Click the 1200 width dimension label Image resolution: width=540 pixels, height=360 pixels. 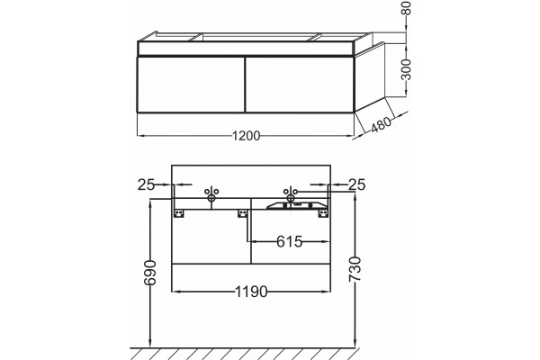click(246, 136)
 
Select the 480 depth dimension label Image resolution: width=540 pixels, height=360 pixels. click(382, 124)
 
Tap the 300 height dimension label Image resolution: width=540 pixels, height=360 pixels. click(407, 69)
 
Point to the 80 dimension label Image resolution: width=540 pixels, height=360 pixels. click(407, 7)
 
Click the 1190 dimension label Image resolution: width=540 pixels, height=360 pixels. click(251, 292)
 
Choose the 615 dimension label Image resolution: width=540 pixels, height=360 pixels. click(289, 241)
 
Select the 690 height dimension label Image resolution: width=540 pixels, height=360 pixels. click(149, 273)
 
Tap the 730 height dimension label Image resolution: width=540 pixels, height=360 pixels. click(355, 269)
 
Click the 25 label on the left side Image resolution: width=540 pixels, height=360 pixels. click(146, 185)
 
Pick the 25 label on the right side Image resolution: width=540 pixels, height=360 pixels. click(356, 185)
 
